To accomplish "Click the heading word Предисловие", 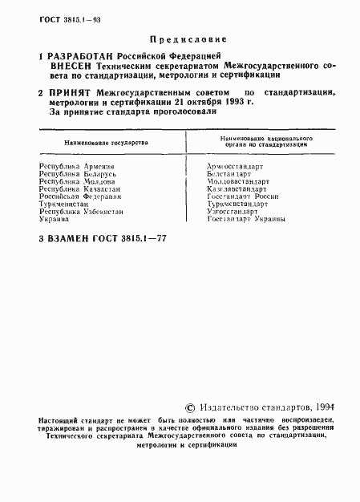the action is click(x=188, y=38).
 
